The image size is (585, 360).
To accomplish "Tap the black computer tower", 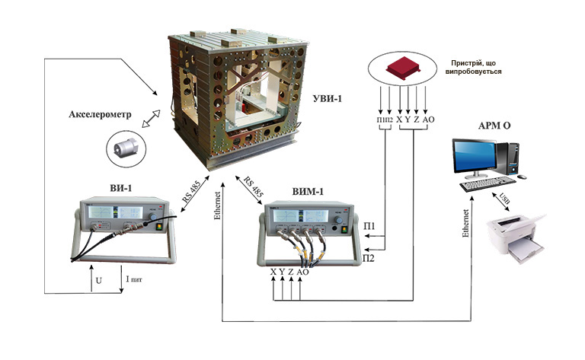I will pyautogui.click(x=510, y=157).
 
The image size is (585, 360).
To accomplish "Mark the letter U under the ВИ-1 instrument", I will pyautogui.click(x=98, y=281).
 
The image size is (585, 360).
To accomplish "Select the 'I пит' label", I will pyautogui.click(x=134, y=281).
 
